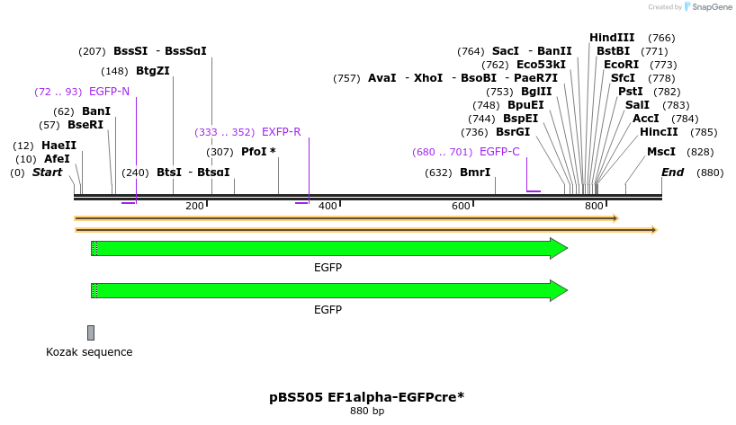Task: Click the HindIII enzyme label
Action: coord(612,38)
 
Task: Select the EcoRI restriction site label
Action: coord(621,65)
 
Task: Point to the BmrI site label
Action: coord(475,172)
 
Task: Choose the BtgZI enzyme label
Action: coord(153,71)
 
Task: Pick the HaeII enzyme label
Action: coord(58,146)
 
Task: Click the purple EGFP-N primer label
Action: coord(109,92)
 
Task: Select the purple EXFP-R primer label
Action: coord(281,132)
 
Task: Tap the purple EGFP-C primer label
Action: coord(499,152)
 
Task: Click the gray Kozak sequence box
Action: coord(91,332)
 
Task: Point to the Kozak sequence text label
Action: coord(89,352)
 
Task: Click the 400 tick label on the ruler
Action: coord(328,207)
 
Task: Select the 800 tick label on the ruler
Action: coord(594,207)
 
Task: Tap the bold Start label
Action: coord(48,172)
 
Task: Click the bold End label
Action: coord(672,172)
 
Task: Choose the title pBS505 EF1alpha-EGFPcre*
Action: coord(366,396)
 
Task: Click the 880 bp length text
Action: coord(366,411)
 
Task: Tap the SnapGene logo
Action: coord(706,7)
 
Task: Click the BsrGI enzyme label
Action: coord(513,132)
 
